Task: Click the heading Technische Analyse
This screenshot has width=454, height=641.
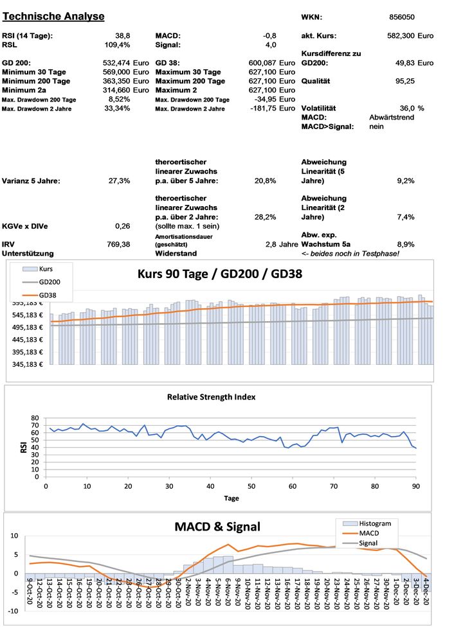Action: pyautogui.click(x=53, y=15)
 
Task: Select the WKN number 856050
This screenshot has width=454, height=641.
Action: pyautogui.click(x=403, y=17)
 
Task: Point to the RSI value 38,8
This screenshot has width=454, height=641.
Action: pyautogui.click(x=122, y=35)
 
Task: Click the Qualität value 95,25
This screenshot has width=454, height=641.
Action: pyautogui.click(x=404, y=81)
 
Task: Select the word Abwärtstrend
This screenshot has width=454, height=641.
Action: pyautogui.click(x=392, y=118)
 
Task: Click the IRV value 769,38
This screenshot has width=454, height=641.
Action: pyautogui.click(x=119, y=244)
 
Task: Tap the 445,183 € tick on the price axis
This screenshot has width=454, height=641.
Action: pyautogui.click(x=24, y=340)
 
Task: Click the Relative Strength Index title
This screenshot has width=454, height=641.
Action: pyautogui.click(x=211, y=397)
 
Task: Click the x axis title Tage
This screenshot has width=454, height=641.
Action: pyautogui.click(x=232, y=498)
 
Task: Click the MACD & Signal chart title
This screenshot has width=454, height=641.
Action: pyautogui.click(x=217, y=527)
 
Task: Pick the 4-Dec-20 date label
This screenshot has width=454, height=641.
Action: pyautogui.click(x=425, y=597)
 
